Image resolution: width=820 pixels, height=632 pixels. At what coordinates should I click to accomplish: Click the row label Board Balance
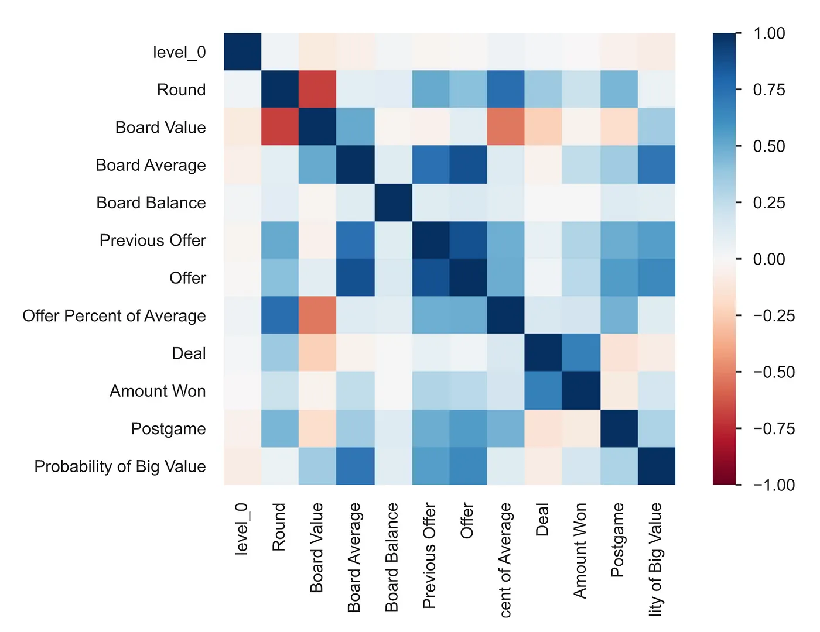tap(151, 202)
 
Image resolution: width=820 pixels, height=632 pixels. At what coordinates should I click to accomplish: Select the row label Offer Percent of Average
tap(114, 316)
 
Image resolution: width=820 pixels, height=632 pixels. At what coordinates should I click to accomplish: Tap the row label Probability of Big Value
tap(120, 466)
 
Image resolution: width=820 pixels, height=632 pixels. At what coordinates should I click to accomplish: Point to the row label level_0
tap(179, 53)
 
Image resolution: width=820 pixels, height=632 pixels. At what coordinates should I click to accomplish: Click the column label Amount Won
tap(580, 550)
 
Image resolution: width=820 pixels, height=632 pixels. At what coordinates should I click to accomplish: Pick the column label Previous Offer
tap(429, 555)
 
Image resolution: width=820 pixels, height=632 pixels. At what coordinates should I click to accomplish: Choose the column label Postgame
tap(617, 540)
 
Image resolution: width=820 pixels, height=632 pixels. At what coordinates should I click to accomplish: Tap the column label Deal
tap(542, 519)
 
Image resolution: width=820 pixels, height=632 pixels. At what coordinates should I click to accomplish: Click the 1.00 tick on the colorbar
tap(769, 33)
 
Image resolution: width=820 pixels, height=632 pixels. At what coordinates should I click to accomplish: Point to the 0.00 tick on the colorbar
tap(769, 259)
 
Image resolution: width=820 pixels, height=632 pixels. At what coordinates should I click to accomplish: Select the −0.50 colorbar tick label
tap(773, 372)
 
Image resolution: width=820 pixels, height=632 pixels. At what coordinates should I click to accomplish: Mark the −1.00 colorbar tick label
tap(773, 485)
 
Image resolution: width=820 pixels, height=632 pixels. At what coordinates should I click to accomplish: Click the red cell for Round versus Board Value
tap(317, 90)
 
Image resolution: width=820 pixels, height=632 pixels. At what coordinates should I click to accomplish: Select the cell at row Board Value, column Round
tap(280, 127)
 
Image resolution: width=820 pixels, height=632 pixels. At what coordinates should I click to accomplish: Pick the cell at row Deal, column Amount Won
tap(581, 353)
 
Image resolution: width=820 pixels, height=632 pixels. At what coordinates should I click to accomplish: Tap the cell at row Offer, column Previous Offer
tap(430, 278)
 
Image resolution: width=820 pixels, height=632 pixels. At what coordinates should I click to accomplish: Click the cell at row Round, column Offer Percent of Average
tap(505, 90)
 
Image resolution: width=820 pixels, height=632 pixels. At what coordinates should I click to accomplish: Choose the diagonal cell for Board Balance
tap(393, 202)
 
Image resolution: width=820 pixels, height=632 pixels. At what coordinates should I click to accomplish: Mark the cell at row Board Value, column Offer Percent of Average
tap(505, 127)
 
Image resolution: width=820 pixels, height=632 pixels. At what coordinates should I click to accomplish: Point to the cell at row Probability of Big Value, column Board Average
tap(355, 466)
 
